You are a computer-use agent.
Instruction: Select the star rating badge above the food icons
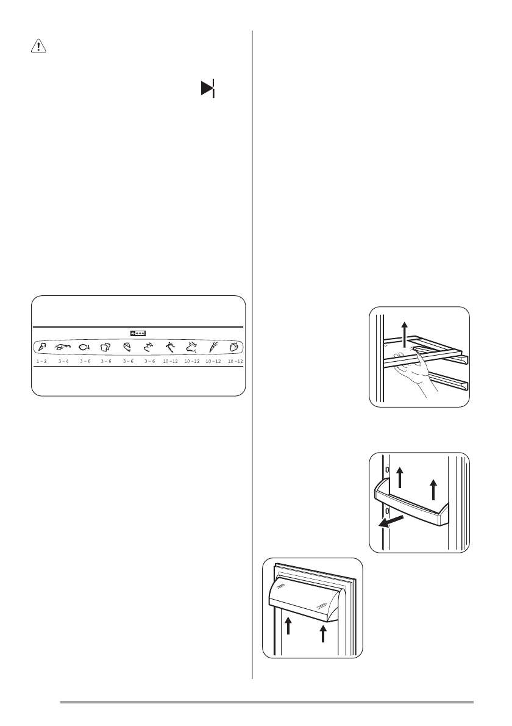(x=138, y=334)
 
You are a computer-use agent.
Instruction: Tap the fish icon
(x=84, y=347)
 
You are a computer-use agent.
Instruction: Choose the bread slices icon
(x=105, y=347)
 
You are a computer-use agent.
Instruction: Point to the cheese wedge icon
(x=127, y=347)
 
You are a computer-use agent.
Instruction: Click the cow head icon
(x=191, y=347)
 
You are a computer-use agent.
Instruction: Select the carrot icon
(x=212, y=347)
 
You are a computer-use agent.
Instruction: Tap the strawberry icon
(x=233, y=347)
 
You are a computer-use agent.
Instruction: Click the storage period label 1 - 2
(x=41, y=362)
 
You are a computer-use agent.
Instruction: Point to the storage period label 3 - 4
(x=63, y=362)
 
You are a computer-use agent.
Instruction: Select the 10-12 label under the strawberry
(x=233, y=362)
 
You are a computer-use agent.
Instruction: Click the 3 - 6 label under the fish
(x=84, y=362)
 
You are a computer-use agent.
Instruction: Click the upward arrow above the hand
(x=404, y=335)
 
